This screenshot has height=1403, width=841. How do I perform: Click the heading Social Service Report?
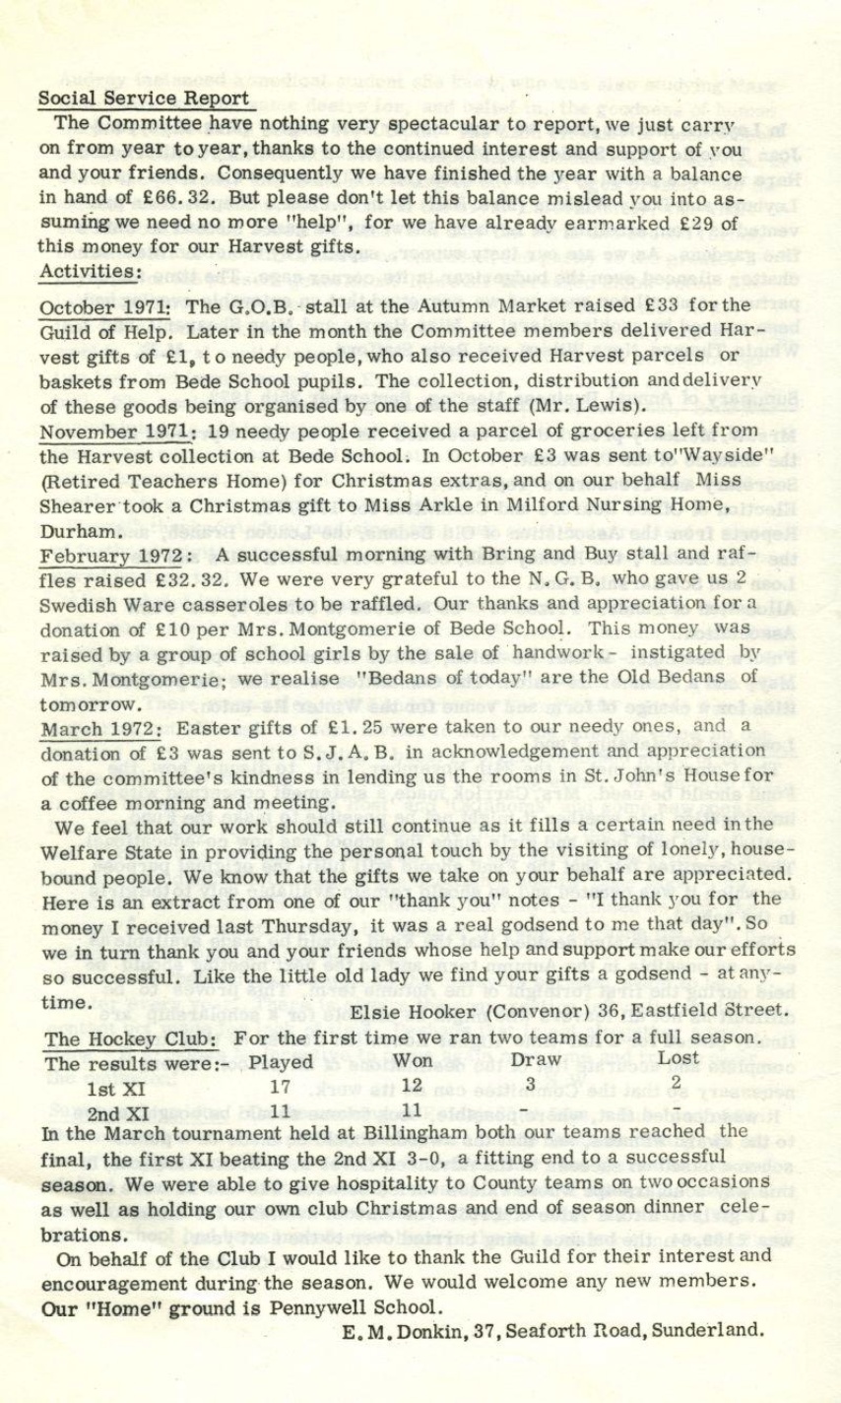(x=143, y=99)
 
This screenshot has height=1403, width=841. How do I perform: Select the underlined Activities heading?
(x=87, y=269)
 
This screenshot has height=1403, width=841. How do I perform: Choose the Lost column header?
(x=678, y=1058)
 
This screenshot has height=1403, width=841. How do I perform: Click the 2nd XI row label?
(x=118, y=1114)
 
